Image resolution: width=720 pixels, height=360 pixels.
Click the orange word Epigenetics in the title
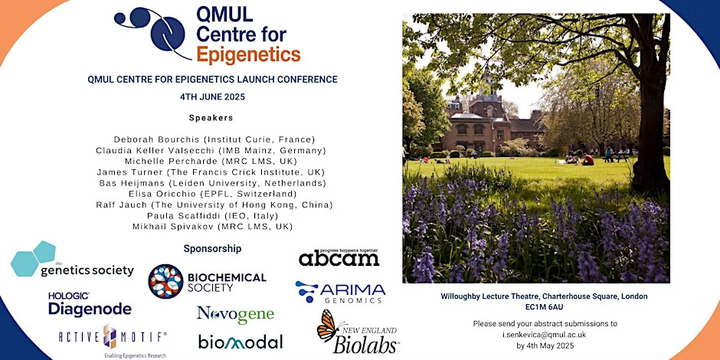(248, 54)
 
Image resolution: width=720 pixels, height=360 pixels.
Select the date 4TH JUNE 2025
(213, 97)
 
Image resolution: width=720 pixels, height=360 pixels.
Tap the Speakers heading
(211, 118)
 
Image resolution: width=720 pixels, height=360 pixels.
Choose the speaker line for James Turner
(211, 172)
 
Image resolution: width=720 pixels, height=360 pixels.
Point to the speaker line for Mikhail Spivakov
(213, 227)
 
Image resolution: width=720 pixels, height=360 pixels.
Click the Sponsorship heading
(212, 249)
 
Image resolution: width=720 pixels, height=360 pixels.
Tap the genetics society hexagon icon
(33, 259)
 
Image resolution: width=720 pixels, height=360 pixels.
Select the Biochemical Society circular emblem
(165, 281)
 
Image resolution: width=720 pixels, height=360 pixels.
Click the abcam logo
(339, 258)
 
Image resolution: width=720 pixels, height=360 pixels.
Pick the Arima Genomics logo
(340, 292)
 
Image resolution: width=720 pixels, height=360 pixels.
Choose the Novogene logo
(236, 315)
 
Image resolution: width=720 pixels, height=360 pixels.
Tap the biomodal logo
(241, 342)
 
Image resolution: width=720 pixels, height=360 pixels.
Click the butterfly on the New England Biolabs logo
(328, 325)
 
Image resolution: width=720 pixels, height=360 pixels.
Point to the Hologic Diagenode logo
(90, 304)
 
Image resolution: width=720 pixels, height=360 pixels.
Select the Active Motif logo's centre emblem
(110, 336)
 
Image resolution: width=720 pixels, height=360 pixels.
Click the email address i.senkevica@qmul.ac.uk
(545, 335)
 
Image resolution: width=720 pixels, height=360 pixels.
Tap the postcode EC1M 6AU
(545, 306)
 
